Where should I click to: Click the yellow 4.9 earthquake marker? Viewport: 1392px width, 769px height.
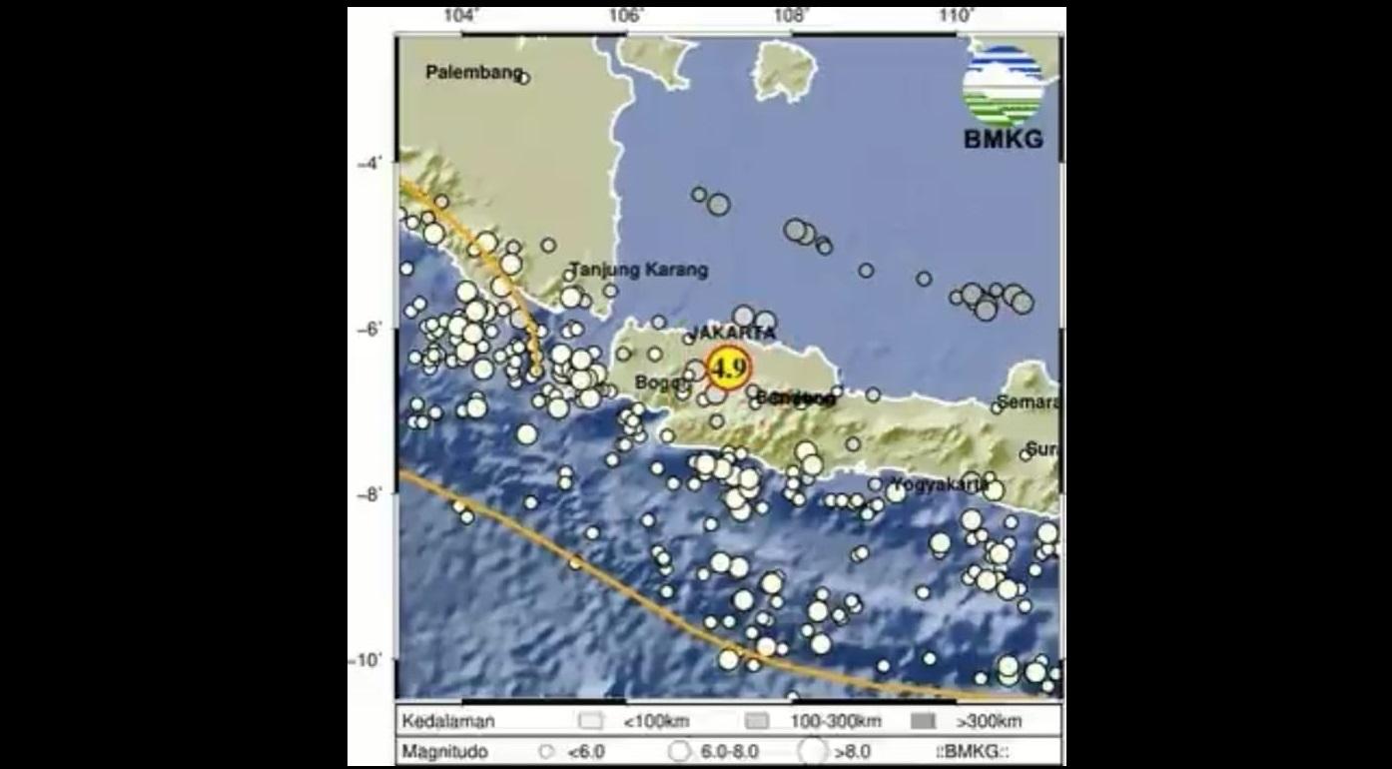coord(727,368)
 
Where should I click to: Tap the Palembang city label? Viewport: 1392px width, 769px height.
coord(474,72)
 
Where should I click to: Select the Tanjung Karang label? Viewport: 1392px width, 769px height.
coord(639,270)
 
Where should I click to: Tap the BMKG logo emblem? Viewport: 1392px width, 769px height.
coord(1003,86)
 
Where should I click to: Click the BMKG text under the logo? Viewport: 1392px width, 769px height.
coord(1004,140)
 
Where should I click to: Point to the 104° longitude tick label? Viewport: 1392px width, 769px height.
coord(461,16)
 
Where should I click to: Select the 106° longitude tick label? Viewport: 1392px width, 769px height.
coord(626,16)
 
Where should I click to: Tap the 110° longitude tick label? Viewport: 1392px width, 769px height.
coord(956,16)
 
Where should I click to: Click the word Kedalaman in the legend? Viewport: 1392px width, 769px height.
coord(448,721)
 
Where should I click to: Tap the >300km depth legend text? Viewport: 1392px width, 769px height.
coord(989,721)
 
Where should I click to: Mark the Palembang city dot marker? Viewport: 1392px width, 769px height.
coord(523,78)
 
